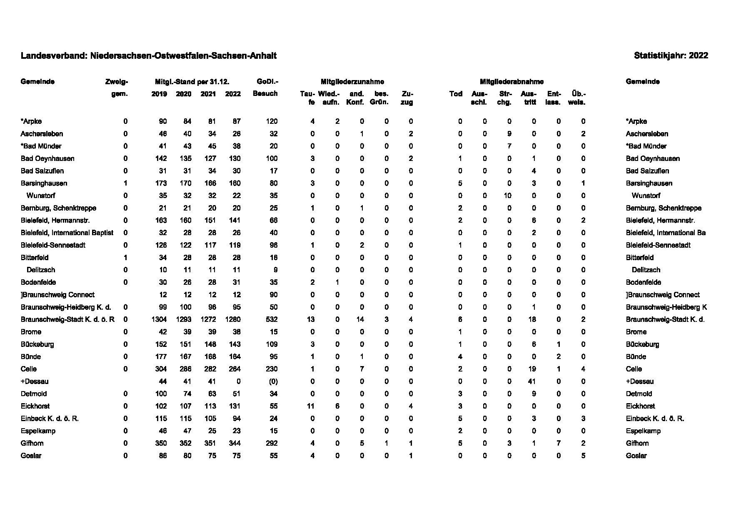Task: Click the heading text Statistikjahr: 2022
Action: coord(671,56)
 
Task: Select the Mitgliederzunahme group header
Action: coord(352,82)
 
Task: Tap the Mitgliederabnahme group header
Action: coord(511,82)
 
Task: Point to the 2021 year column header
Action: coord(208,94)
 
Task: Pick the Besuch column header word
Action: coord(265,94)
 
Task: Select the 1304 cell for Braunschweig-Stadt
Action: coord(159,319)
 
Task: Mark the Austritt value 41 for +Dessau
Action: coord(531,381)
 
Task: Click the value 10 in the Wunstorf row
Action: coord(507,196)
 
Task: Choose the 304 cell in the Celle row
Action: coord(161,369)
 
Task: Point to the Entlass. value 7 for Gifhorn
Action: coord(558,443)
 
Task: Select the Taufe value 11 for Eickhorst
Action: coord(310,406)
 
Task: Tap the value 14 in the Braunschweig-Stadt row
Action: coord(360,319)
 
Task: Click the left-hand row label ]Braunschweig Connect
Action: coord(57,295)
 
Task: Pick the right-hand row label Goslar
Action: coord(636,456)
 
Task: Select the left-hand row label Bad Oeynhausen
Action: coord(47,158)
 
